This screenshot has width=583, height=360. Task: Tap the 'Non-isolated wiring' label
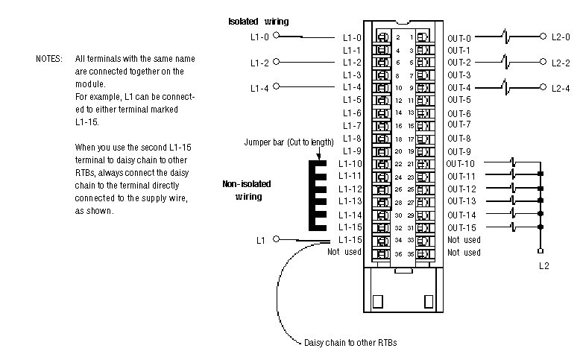point(242,190)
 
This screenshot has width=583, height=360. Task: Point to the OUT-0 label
point(459,37)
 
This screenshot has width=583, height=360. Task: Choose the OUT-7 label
point(459,125)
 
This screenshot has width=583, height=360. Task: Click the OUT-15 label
point(461,227)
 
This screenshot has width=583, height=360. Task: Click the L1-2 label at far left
point(260,62)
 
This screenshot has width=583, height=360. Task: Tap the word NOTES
point(50,58)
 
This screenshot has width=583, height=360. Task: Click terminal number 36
point(398,254)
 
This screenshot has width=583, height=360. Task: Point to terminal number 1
point(411,37)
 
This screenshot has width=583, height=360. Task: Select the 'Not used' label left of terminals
point(344,252)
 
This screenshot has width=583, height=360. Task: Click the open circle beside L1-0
point(277,35)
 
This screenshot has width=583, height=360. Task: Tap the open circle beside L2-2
point(543,62)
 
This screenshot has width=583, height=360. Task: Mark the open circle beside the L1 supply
point(277,239)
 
